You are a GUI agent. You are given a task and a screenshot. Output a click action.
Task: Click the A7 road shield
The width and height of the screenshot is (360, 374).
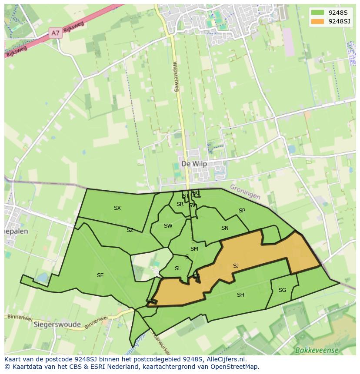pos(55,33)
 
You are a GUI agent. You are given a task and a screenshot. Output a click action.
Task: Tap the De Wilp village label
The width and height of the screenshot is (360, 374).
pos(194,164)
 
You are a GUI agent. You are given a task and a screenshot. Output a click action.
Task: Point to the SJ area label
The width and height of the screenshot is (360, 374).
pos(236,265)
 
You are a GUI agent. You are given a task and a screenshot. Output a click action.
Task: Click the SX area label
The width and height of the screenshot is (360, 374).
pos(117,208)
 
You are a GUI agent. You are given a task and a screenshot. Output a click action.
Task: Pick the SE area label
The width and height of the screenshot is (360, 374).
pos(100,275)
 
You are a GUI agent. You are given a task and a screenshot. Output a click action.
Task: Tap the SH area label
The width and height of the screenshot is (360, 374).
pos(240,295)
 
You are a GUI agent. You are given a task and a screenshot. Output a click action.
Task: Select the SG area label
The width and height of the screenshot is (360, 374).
pos(282,290)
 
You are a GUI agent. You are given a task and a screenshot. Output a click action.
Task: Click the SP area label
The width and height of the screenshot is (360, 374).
pos(242,211)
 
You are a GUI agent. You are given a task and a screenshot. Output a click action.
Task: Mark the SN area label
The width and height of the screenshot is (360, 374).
pos(225,228)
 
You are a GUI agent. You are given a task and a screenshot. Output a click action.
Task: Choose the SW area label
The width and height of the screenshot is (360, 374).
pos(168,225)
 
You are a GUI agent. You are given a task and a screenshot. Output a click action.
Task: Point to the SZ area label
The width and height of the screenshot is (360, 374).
pos(130,230)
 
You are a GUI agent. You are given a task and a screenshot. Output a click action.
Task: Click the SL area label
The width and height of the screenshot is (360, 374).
pos(178,268)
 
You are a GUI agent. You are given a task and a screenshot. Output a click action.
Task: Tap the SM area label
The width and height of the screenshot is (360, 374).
pos(194,249)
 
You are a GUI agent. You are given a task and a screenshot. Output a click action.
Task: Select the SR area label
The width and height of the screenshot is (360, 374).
pos(180,204)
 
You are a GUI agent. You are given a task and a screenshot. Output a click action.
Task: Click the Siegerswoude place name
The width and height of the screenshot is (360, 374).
pos(57,324)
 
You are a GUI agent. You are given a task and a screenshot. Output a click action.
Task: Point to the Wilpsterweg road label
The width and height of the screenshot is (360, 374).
pos(175,76)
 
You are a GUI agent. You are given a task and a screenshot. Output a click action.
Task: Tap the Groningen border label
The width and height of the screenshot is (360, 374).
pos(245,192)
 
